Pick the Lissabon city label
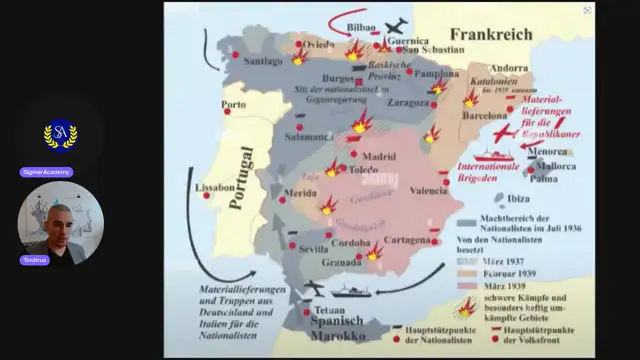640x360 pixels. pyautogui.click(x=215, y=187)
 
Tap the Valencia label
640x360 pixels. pyautogui.click(x=429, y=190)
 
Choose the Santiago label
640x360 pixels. pyautogui.click(x=263, y=60)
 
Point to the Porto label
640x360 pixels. pyautogui.click(x=235, y=104)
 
